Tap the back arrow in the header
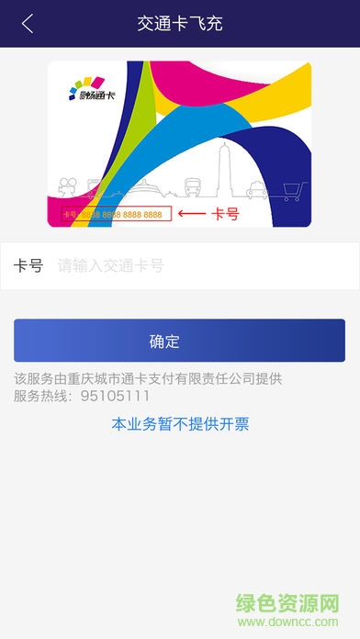[x=28, y=24]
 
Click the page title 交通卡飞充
[x=180, y=24]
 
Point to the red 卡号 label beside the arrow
[x=225, y=214]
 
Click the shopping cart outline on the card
[x=293, y=190]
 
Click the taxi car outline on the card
[x=256, y=191]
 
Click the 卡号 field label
[x=28, y=266]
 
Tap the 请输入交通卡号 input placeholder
[x=111, y=266]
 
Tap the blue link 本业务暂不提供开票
[x=180, y=424]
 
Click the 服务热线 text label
[x=41, y=396]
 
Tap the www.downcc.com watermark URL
[x=311, y=625]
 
